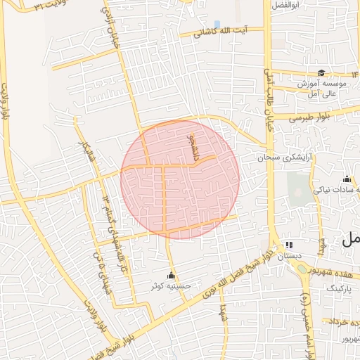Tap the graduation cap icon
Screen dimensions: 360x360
(x=321, y=72)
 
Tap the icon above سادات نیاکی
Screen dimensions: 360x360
(x=347, y=179)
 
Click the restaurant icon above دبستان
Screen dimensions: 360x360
(x=288, y=245)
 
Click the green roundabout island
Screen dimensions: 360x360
(x=302, y=267)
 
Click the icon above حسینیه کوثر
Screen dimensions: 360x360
(x=170, y=275)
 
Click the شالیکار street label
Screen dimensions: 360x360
(x=89, y=150)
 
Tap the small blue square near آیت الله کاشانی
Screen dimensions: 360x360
(x=217, y=25)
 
